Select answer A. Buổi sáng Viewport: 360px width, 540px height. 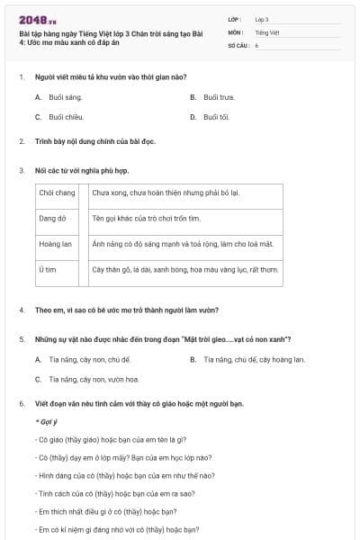(58, 96)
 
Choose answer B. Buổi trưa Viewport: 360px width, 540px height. (212, 96)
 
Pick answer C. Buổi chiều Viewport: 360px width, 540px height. (58, 117)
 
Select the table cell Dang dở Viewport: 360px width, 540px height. (53, 218)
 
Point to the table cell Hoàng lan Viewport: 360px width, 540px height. (55, 243)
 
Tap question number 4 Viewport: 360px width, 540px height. (21, 310)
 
